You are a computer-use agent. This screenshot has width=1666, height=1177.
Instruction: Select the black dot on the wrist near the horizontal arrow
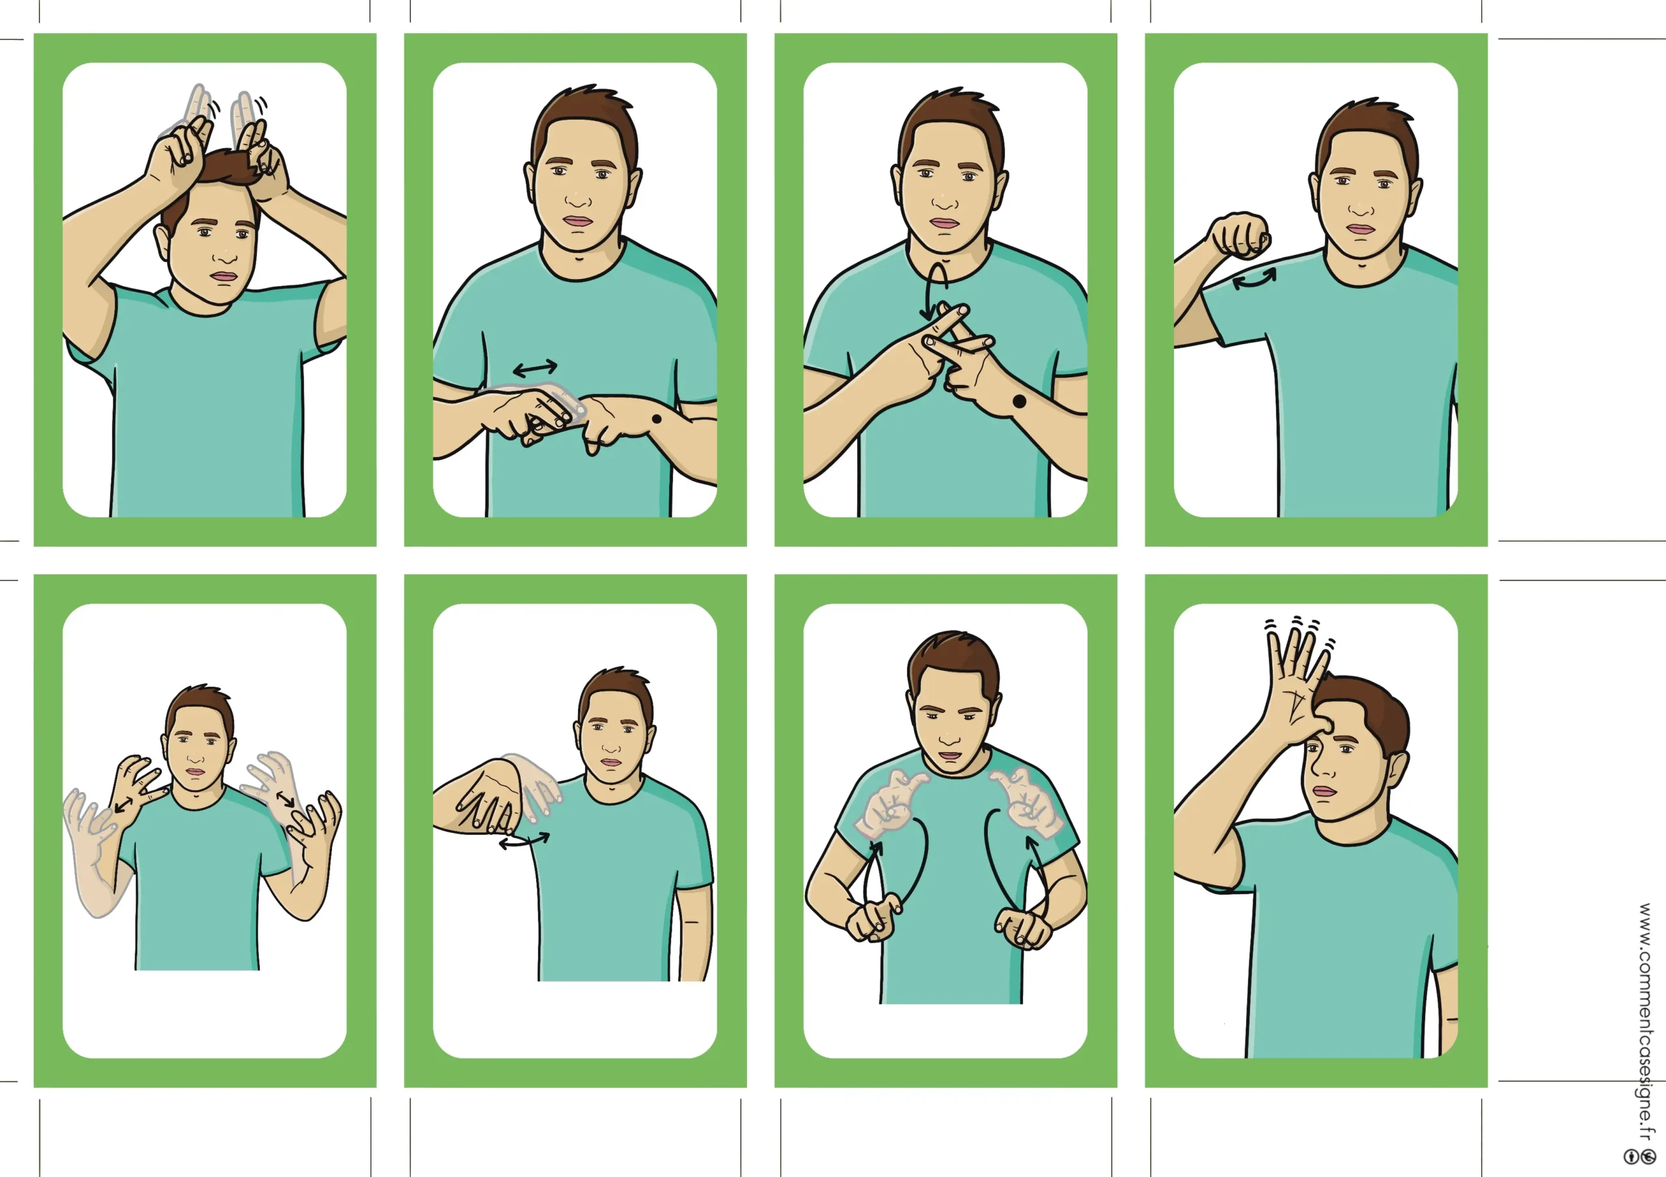(657, 418)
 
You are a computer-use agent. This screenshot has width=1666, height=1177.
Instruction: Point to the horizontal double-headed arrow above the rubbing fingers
(535, 369)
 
